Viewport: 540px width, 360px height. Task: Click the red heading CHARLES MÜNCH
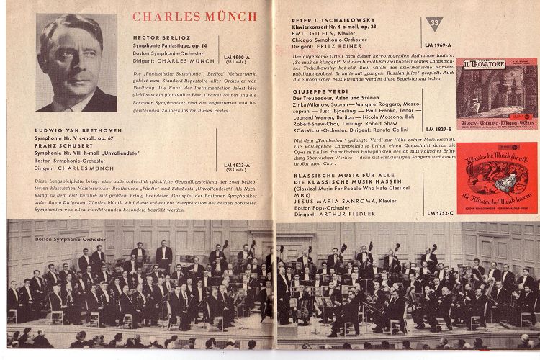[194, 16]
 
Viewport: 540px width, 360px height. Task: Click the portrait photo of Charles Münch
[77, 63]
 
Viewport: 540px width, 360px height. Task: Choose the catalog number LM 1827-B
[439, 129]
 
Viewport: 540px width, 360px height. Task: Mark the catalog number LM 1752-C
[440, 214]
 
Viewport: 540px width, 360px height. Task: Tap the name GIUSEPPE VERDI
[315, 93]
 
